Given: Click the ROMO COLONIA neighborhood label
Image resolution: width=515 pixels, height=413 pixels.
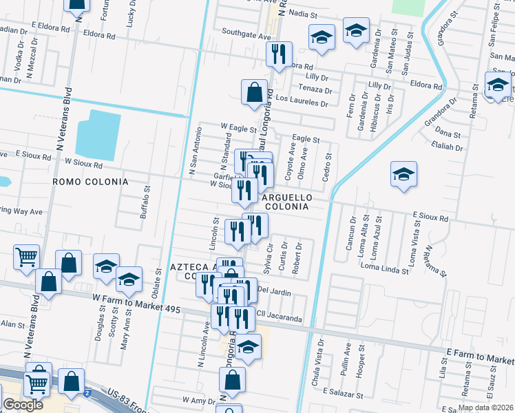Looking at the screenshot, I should pyautogui.click(x=90, y=182).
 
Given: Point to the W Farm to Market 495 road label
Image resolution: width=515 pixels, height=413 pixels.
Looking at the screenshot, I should pyautogui.click(x=136, y=304).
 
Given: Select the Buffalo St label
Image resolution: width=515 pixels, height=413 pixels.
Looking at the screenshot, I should pyautogui.click(x=145, y=202).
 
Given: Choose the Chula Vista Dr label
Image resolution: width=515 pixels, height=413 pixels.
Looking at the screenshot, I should pyautogui.click(x=320, y=357).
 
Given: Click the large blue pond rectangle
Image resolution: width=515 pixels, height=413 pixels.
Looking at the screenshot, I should pyautogui.click(x=104, y=135).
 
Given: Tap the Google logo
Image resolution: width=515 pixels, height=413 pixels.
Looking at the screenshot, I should pyautogui.click(x=23, y=405).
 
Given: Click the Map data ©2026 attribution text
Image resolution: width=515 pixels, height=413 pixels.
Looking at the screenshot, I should pyautogui.click(x=485, y=407).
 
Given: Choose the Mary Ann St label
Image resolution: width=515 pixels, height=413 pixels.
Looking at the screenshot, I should pyautogui.click(x=125, y=330).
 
